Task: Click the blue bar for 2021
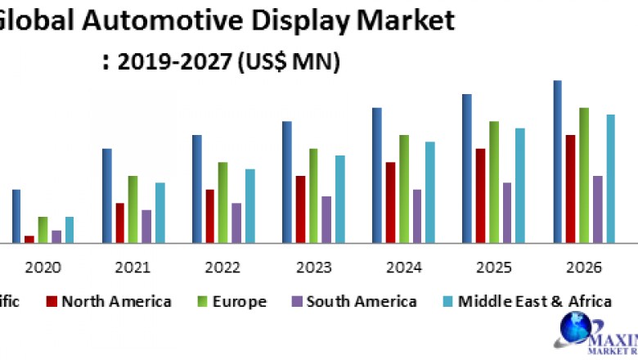pos(107,196)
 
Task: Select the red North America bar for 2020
pos(29,239)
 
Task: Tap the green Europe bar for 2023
pos(313,196)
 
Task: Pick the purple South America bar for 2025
pos(506,213)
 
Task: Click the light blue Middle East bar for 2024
pos(429,192)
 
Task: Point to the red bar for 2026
pos(571,189)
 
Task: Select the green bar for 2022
pos(223,202)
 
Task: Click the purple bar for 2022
pos(236,223)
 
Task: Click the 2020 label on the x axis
pos(42,268)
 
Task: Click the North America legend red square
pos(52,302)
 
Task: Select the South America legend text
pos(360,302)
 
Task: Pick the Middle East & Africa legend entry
pos(536,302)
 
